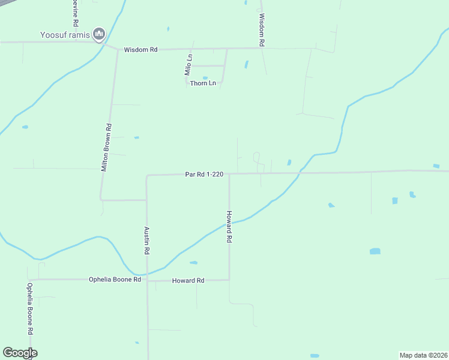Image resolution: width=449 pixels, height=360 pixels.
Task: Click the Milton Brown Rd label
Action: [x=107, y=148]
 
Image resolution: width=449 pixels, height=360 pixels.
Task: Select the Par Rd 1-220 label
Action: [x=204, y=175]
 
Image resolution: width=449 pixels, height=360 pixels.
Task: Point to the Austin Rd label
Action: [x=146, y=239]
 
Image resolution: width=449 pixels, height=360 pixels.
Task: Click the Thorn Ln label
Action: [x=203, y=83]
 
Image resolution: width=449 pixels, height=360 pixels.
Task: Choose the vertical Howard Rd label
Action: [x=229, y=226]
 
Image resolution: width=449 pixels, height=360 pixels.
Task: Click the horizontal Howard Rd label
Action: [x=188, y=280]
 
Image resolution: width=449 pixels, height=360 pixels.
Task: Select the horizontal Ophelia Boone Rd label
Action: [x=115, y=279]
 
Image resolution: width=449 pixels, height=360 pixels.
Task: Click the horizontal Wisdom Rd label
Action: [x=140, y=50]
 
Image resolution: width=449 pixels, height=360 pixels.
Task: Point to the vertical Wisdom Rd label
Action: [x=262, y=31]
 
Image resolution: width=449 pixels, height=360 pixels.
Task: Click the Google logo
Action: [x=20, y=353]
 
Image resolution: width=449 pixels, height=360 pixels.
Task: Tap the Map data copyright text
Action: [x=424, y=355]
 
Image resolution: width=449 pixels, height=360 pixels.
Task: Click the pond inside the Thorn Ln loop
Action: [x=205, y=77]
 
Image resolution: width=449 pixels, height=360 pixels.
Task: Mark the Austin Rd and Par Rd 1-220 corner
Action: [x=147, y=176]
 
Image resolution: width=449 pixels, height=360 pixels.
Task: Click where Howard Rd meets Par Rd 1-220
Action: [x=229, y=174]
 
